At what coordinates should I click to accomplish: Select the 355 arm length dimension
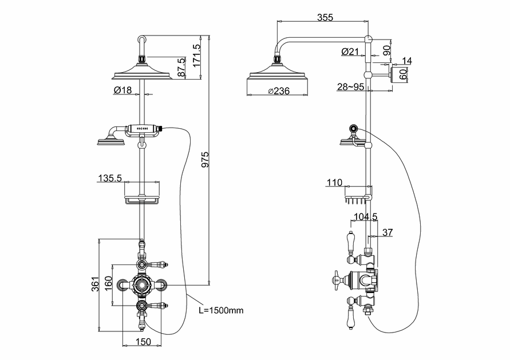point(325,18)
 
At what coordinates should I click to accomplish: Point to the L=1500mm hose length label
point(221,310)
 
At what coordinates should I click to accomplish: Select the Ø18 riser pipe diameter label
point(123,90)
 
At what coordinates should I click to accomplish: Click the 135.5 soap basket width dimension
point(110,178)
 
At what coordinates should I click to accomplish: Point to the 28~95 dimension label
point(350,86)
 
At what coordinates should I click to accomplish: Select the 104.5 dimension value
point(365,217)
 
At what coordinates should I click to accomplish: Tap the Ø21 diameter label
point(349,52)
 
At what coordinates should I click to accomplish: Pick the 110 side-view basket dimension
point(335,183)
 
